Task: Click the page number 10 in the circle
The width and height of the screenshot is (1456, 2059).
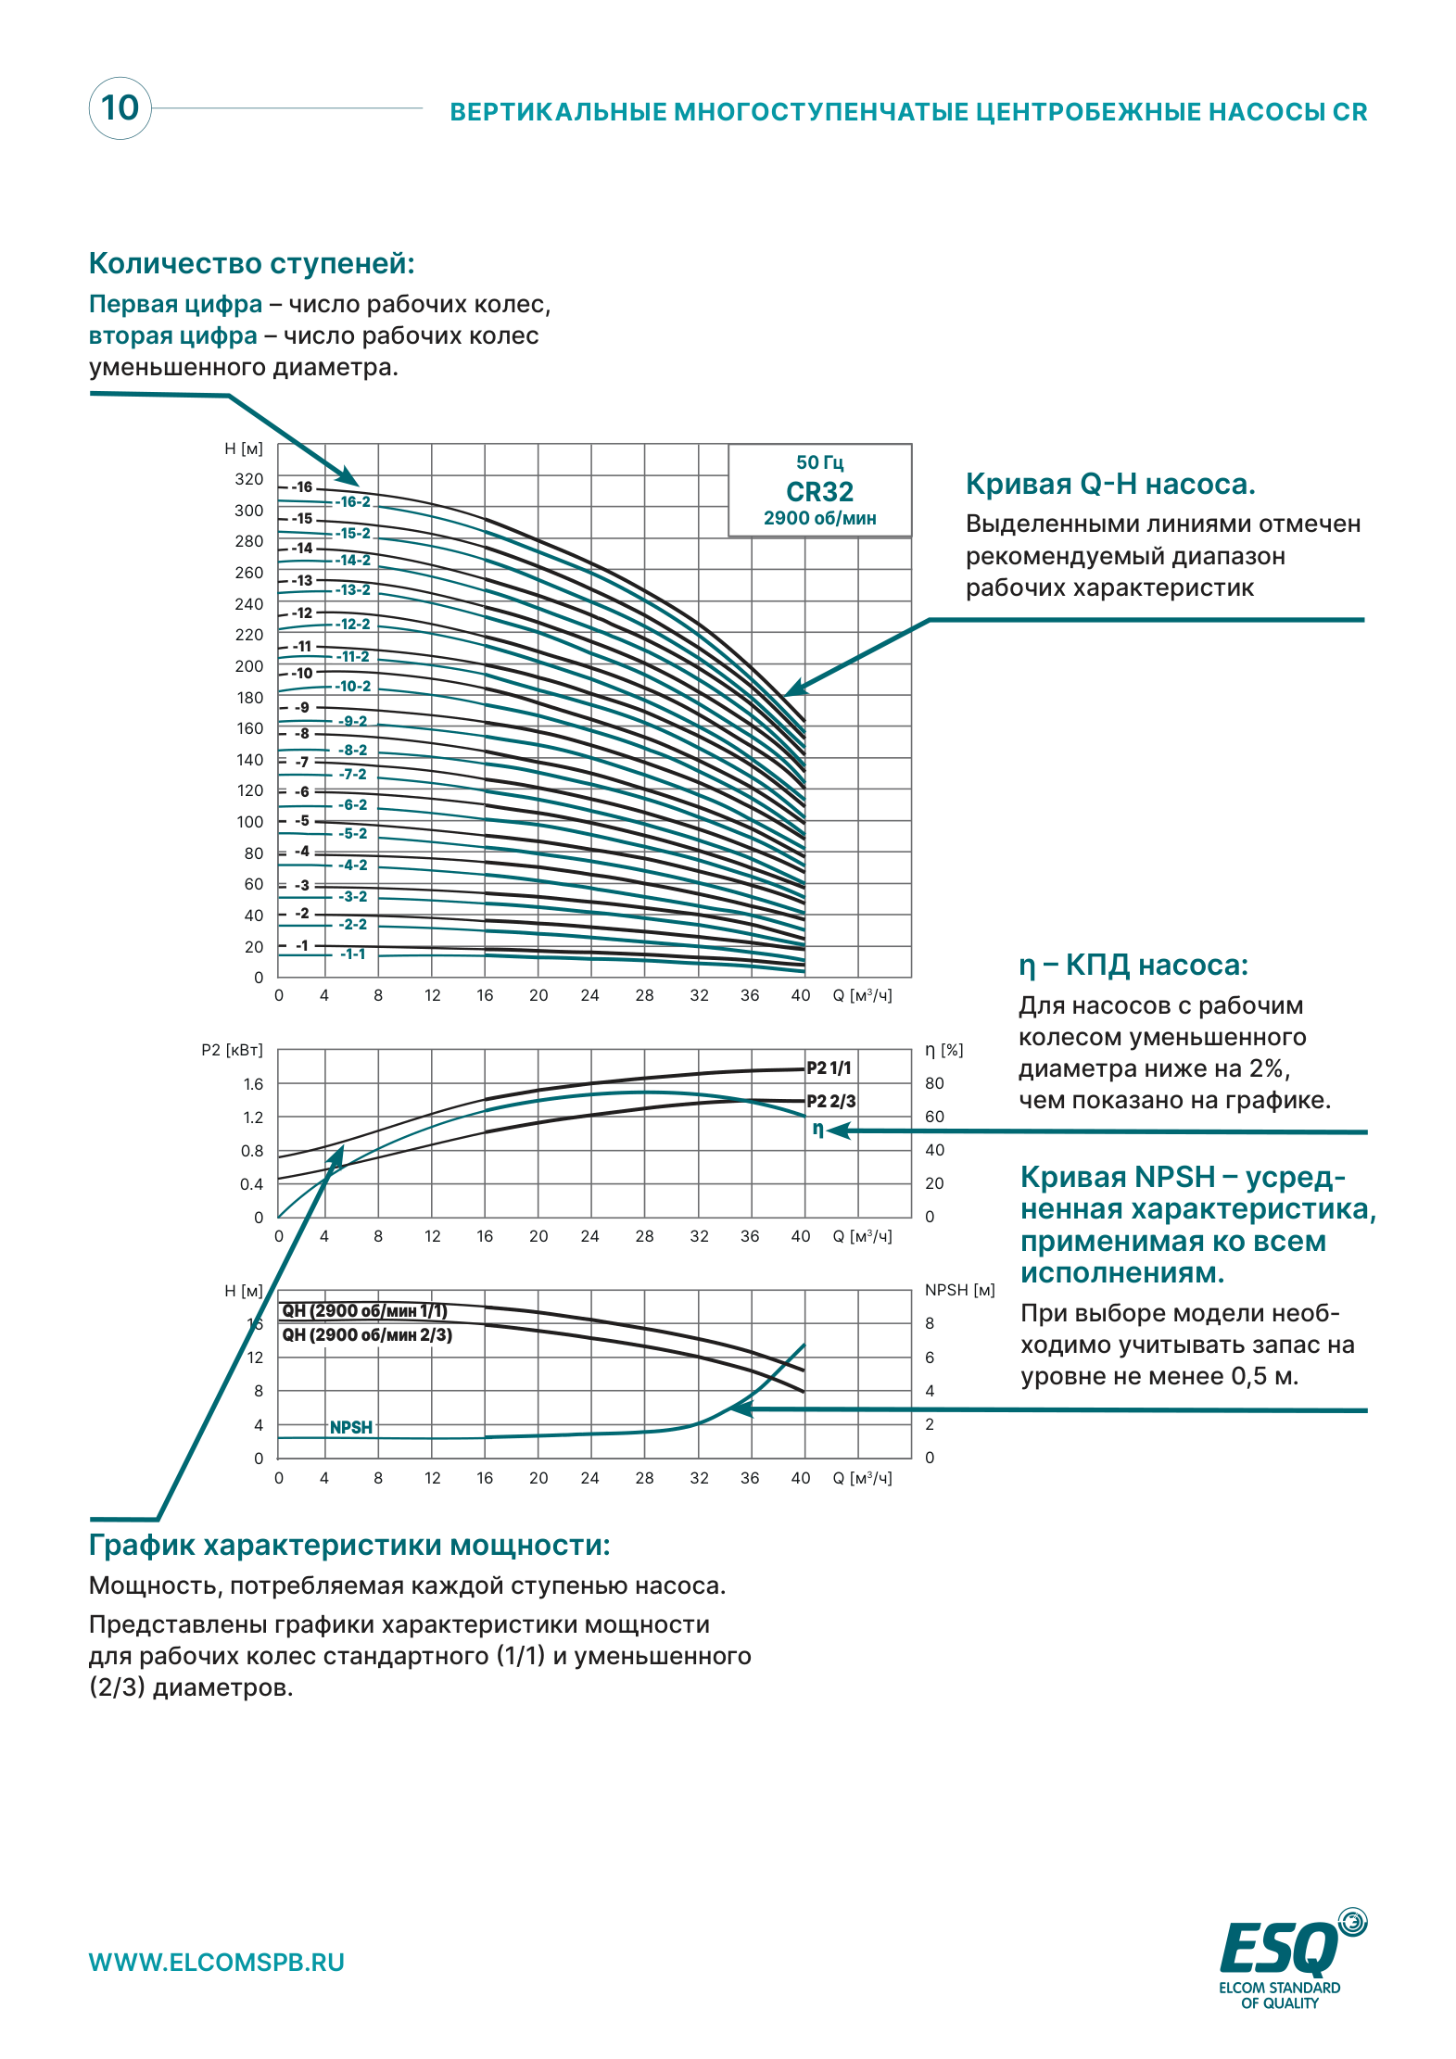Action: click(120, 107)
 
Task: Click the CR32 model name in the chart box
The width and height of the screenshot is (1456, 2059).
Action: click(819, 491)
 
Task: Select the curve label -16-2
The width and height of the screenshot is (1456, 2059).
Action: click(353, 502)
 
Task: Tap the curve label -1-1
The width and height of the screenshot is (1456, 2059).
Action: click(353, 954)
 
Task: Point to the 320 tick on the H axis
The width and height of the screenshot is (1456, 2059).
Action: click(249, 479)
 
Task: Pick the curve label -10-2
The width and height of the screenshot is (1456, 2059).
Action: click(353, 687)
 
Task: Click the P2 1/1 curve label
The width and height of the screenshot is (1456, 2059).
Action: click(829, 1067)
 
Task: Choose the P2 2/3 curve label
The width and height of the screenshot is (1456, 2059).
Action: click(831, 1101)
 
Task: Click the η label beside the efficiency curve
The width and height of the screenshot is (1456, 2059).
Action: click(818, 1129)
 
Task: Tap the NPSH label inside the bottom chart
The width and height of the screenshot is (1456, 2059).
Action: click(351, 1427)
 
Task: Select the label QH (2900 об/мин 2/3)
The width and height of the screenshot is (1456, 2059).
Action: click(367, 1335)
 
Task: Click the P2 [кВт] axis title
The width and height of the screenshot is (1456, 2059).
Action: click(232, 1050)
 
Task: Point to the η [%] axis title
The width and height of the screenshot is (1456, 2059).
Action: click(944, 1050)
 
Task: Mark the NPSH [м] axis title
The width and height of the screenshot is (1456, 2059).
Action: click(960, 1290)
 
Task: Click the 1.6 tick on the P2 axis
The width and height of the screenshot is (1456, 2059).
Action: click(253, 1084)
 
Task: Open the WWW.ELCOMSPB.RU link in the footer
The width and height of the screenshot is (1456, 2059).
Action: click(217, 1963)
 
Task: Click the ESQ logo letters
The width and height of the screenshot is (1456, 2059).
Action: click(1279, 1948)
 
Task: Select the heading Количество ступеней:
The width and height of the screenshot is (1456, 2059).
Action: click(252, 263)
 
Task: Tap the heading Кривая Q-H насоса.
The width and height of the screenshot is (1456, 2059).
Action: click(1110, 484)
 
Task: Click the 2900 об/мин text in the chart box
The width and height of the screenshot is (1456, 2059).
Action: click(819, 518)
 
